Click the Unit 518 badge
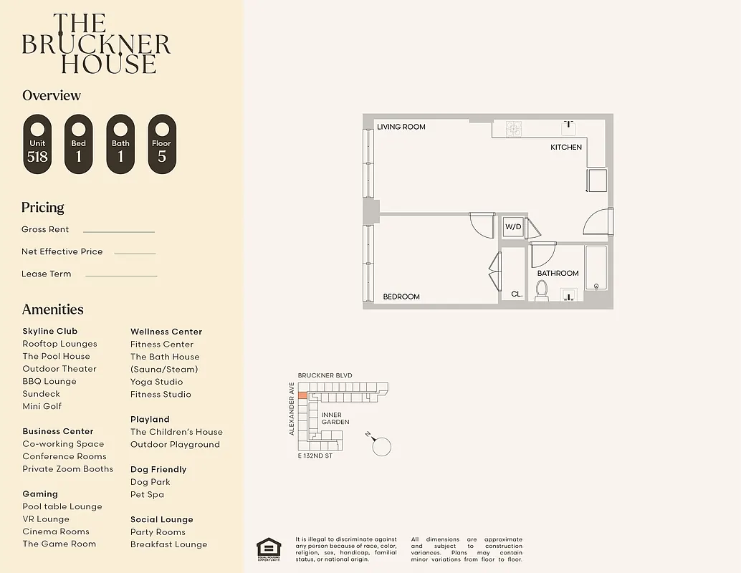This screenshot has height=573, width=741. [37, 144]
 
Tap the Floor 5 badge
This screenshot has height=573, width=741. [162, 144]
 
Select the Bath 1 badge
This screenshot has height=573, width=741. [120, 144]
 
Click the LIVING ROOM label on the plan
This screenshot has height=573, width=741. [401, 127]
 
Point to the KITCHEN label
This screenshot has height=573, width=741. [566, 147]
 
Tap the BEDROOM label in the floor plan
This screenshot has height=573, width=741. [401, 297]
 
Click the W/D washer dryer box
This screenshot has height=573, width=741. [513, 227]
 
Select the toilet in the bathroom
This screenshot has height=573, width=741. [542, 291]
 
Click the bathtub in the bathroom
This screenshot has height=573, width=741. [596, 268]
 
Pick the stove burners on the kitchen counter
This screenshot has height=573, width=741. [514, 129]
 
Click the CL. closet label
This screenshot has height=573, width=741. [517, 294]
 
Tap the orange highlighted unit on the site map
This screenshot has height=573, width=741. [302, 395]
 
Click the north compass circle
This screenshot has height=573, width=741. [383, 446]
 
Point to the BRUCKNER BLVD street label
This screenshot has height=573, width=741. [325, 375]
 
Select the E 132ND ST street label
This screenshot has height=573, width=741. [315, 456]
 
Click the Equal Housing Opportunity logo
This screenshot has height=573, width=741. [269, 549]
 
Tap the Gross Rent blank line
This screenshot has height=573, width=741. [119, 231]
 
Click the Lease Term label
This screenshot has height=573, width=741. [47, 274]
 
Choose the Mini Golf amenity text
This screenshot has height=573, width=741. [42, 406]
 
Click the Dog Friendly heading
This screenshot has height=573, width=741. [158, 469]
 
